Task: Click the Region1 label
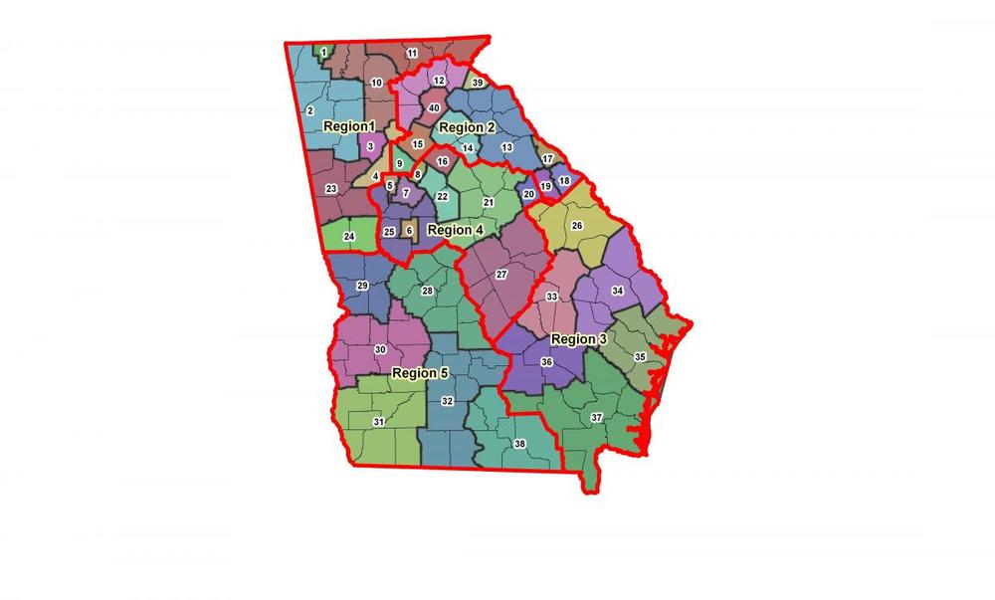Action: tap(349, 127)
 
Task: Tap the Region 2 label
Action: tap(467, 127)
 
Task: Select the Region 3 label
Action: tap(578, 339)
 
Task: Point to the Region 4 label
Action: tap(455, 230)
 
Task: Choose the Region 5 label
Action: tap(420, 373)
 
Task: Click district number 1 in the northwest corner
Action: tap(324, 52)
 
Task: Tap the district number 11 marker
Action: tap(412, 52)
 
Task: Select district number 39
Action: tap(478, 83)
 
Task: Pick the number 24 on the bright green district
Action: tap(349, 237)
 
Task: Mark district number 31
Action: tap(379, 422)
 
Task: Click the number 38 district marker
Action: tap(519, 444)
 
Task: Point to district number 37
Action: tap(596, 416)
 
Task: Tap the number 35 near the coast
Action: tap(640, 356)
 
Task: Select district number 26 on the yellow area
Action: tap(576, 226)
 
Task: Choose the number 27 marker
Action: tap(501, 274)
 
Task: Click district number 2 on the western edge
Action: tap(310, 110)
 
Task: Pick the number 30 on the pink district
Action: tap(379, 350)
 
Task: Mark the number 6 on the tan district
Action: tap(409, 231)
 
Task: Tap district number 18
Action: tap(564, 181)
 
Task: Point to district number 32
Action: tap(448, 401)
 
